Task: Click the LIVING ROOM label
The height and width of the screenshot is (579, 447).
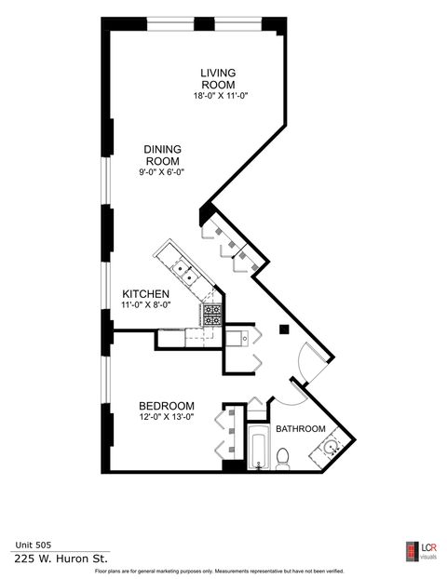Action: (219, 78)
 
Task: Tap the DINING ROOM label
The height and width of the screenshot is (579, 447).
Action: (162, 155)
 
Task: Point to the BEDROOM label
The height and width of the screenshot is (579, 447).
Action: (166, 406)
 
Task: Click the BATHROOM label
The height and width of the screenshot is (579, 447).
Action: (301, 429)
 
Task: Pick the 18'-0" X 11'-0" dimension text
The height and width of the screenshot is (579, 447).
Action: (220, 95)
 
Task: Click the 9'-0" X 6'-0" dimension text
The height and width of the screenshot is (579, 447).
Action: (163, 172)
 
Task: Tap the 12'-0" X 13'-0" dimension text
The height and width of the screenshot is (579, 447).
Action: (166, 418)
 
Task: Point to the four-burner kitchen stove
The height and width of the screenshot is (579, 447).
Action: (213, 314)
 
